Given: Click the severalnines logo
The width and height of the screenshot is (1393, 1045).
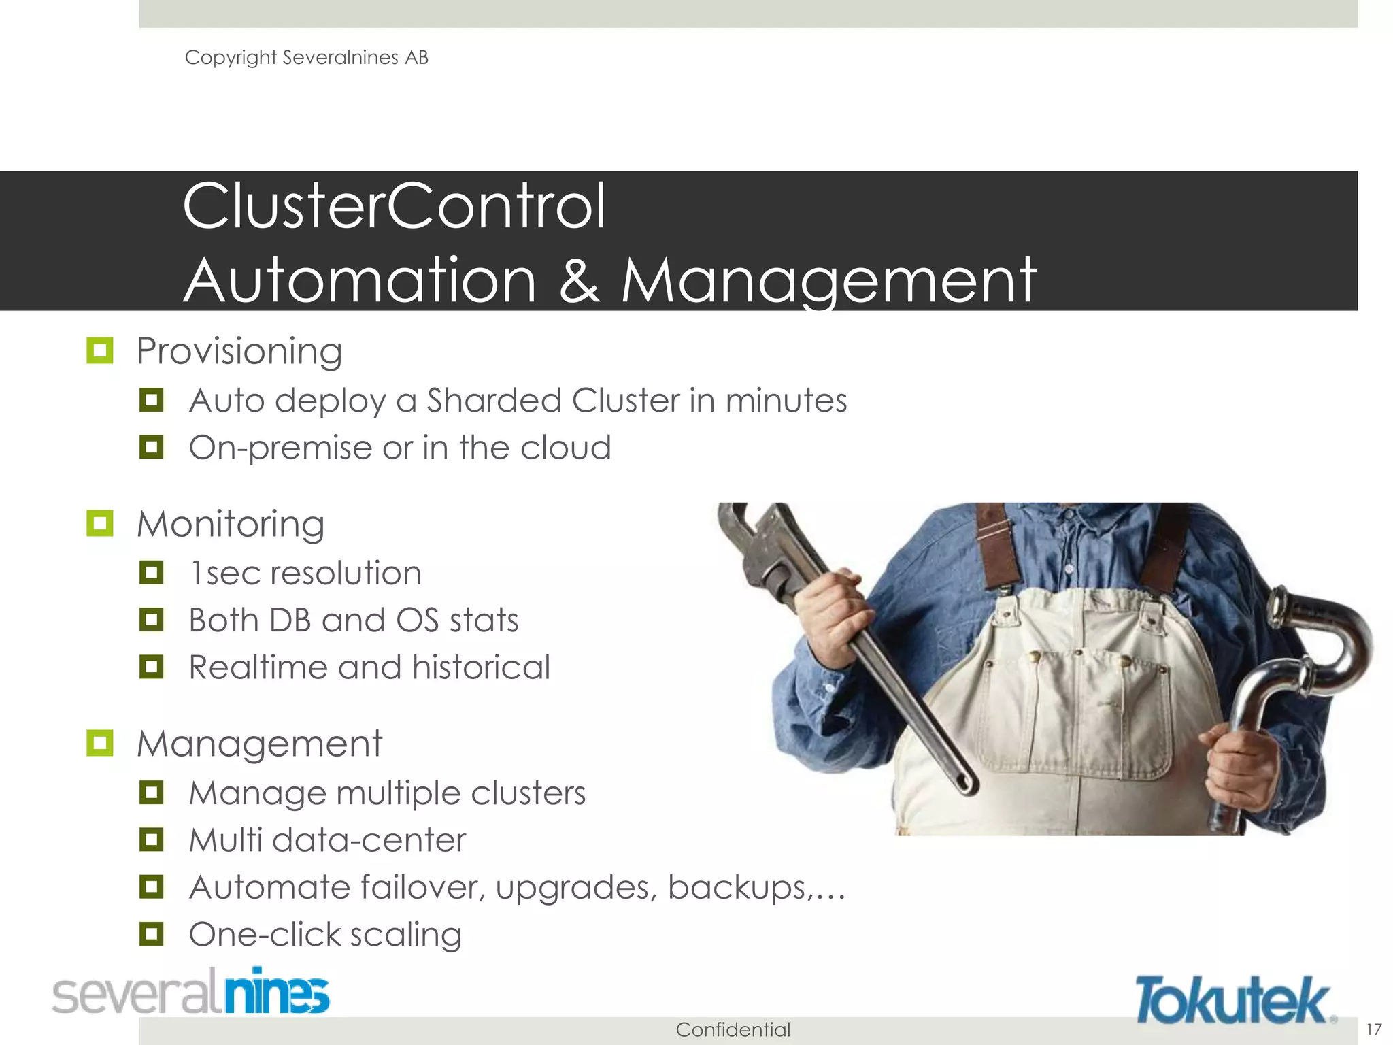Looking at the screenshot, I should pyautogui.click(x=191, y=993).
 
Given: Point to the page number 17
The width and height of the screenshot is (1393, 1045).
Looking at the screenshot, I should pyautogui.click(x=1373, y=1029).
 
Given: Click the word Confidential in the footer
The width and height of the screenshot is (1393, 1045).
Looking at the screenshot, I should pyautogui.click(x=733, y=1029).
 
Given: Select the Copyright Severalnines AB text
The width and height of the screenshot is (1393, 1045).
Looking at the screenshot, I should pyautogui.click(x=306, y=58).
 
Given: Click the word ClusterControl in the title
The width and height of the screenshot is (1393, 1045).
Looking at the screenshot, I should pyautogui.click(x=394, y=206).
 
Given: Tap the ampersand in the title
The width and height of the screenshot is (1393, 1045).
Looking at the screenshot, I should pyautogui.click(x=579, y=280).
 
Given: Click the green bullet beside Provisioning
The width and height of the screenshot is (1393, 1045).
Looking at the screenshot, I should pyautogui.click(x=100, y=351).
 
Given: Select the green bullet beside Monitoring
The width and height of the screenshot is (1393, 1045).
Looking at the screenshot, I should pyautogui.click(x=100, y=524).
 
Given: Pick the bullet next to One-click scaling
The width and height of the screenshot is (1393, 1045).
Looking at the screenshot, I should pyautogui.click(x=151, y=933).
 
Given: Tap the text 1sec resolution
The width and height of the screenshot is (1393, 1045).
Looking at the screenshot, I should pyautogui.click(x=305, y=573).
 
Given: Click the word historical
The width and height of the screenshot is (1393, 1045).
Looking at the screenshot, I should pyautogui.click(x=480, y=667).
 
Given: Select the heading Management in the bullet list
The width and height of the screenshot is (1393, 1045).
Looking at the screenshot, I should pyautogui.click(x=259, y=744).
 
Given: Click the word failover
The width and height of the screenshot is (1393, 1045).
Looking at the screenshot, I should pyautogui.click(x=422, y=887).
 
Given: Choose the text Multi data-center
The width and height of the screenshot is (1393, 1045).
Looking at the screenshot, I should pyautogui.click(x=327, y=840).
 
